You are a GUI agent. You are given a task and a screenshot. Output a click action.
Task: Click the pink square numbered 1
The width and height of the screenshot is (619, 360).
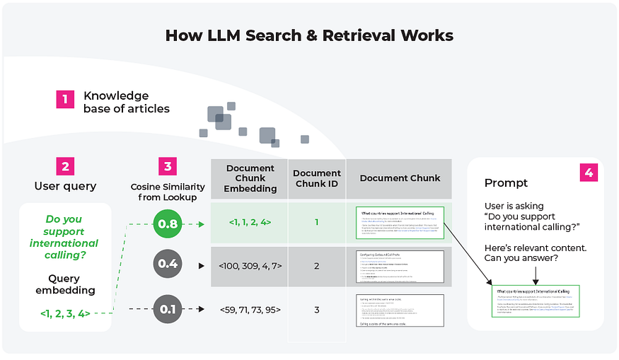point(66,99)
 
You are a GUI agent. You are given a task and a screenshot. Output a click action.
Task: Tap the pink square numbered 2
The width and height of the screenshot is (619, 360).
point(66,166)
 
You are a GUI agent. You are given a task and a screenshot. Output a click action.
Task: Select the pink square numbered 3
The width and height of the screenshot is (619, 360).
point(168,166)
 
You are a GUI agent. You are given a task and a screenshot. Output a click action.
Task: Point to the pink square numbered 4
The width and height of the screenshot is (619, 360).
point(589,173)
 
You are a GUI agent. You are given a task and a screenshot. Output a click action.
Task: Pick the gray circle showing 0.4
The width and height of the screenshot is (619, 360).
point(168,265)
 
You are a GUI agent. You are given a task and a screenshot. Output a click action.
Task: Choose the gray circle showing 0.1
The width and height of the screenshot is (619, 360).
point(168,309)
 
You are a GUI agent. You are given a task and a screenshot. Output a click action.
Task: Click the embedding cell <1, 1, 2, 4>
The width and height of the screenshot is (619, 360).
point(249,222)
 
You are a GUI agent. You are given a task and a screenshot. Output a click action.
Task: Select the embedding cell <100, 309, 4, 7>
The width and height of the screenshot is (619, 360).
point(249,266)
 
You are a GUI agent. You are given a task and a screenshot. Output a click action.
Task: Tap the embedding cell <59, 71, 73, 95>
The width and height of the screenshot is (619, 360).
point(249,309)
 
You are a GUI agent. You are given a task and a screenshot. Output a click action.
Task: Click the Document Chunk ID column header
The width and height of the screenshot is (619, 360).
point(317,178)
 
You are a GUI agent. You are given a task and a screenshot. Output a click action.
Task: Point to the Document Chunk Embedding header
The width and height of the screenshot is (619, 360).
point(249,178)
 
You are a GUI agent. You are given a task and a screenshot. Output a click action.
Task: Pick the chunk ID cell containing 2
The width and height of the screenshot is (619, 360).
point(317,266)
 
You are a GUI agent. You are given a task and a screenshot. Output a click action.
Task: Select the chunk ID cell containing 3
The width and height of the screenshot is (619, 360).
point(317,310)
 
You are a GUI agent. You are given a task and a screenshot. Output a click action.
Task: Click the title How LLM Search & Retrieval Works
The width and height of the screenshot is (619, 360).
point(309,35)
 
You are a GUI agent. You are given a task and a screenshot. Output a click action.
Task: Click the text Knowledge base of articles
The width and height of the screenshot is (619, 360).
point(126,102)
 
